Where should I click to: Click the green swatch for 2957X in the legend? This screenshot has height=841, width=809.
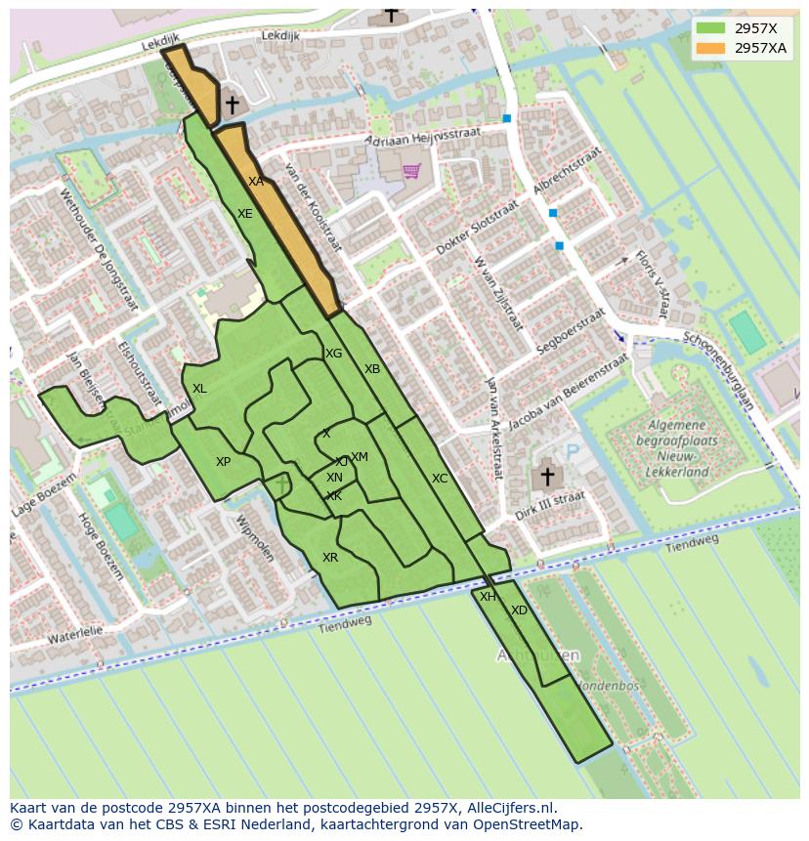click(x=710, y=28)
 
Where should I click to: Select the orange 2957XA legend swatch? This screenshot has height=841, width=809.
click(x=710, y=48)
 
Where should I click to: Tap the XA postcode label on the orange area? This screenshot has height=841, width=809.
click(x=255, y=182)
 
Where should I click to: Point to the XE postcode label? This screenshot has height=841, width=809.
click(x=245, y=214)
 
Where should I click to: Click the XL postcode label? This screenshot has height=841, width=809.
click(x=199, y=389)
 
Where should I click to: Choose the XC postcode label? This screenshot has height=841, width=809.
click(x=440, y=479)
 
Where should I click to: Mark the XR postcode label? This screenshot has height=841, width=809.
click(x=330, y=558)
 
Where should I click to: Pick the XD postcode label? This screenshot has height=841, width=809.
click(x=519, y=610)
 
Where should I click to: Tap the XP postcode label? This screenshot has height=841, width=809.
click(x=224, y=462)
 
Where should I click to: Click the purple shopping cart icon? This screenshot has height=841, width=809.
click(x=411, y=171)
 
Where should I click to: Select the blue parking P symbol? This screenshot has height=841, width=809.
click(x=573, y=452)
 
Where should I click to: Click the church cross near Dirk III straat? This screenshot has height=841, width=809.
click(x=547, y=478)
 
